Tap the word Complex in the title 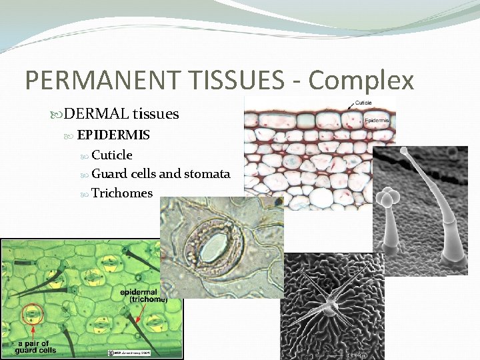(x=361, y=81)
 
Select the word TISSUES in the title (x=233, y=81)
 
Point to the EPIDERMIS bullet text (x=113, y=135)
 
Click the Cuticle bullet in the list (x=112, y=155)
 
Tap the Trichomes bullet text (x=122, y=193)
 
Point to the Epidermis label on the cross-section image (x=377, y=121)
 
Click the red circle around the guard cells (x=31, y=314)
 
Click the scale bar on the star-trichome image (x=353, y=354)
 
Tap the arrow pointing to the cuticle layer (x=351, y=107)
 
